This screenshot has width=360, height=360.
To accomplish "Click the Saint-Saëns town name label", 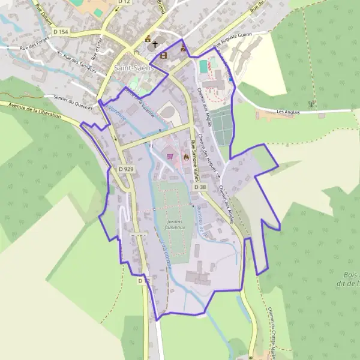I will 134,68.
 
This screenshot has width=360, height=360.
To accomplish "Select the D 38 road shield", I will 200,187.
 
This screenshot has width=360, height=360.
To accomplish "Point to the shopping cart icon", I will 170,156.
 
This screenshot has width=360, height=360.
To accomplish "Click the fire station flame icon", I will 186,157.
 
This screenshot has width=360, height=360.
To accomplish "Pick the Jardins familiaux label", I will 175,224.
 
